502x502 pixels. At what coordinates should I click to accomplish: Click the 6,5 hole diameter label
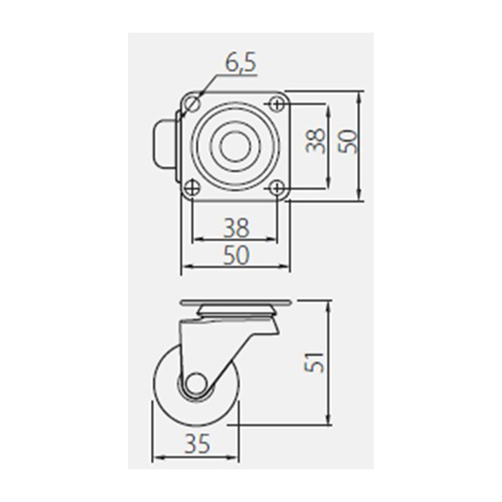[241, 63]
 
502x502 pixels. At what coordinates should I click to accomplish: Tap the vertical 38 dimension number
[315, 141]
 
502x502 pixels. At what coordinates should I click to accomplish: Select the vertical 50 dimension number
[348, 141]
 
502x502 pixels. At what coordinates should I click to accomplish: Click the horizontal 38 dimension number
[236, 227]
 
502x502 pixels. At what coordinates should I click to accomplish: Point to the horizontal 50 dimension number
[236, 255]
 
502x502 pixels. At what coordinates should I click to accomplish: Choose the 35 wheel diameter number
[197, 444]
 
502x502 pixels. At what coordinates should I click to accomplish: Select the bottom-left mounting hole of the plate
[193, 188]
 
